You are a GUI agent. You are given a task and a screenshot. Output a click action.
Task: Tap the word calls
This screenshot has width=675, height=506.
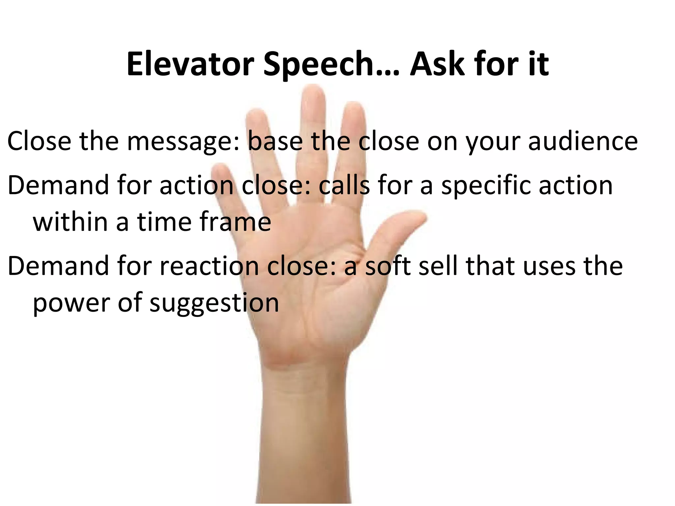point(344,185)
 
